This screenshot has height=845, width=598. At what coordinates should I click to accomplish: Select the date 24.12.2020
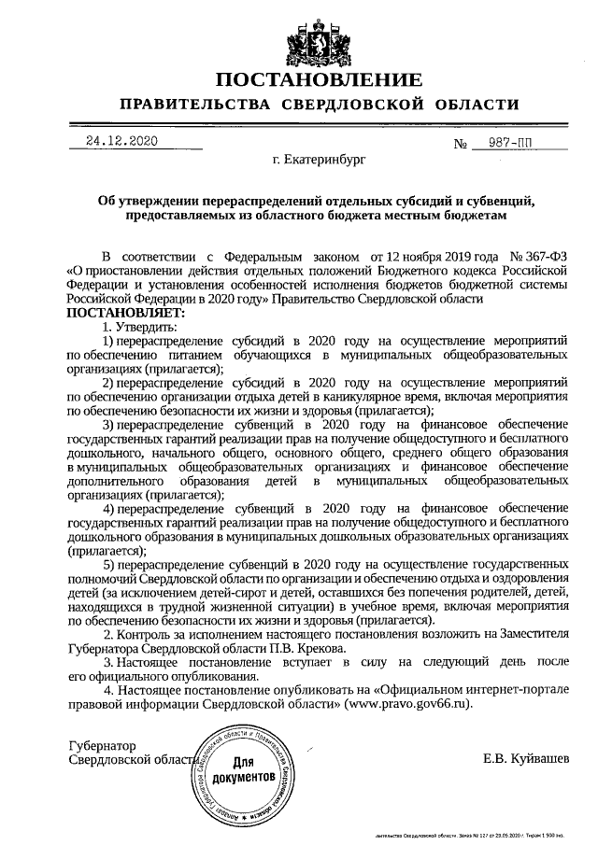point(121,141)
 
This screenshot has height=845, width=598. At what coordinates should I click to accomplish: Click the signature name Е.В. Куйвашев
point(525,758)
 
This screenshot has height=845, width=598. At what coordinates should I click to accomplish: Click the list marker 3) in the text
point(110,425)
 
